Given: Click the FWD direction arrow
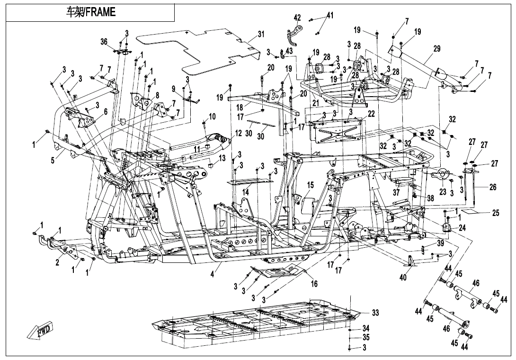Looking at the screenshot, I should [41, 331].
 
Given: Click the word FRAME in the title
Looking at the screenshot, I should [100, 12].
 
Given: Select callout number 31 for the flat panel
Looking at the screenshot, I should [261, 35].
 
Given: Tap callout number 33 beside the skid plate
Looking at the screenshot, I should [375, 313].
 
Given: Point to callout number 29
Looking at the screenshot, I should [436, 49].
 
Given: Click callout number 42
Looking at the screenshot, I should [297, 18].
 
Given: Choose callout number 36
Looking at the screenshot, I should [104, 42].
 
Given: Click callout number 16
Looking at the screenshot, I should [314, 284].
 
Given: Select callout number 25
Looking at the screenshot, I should [495, 213].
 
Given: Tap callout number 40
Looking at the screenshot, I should [403, 278].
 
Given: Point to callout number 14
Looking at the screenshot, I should [246, 192].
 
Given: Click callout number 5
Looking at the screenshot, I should [53, 160].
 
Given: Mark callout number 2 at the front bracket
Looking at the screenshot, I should [57, 263].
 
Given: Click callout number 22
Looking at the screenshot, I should [371, 114].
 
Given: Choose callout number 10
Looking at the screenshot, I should [212, 117].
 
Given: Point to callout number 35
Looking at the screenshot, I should [366, 338].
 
